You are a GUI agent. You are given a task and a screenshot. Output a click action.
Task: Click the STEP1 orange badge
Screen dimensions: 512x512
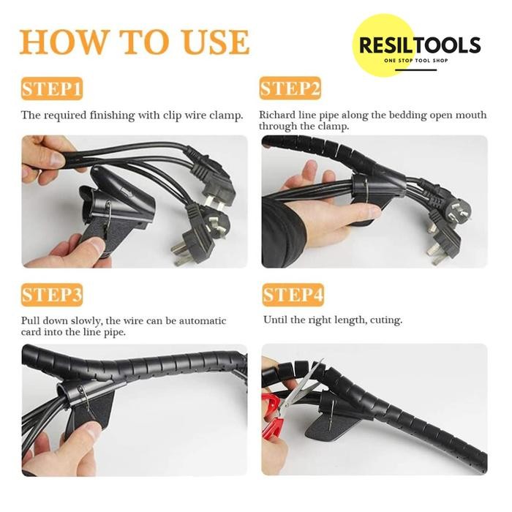coord(52,90)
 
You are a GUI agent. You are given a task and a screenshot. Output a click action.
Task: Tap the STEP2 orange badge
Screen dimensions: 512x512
coord(290,90)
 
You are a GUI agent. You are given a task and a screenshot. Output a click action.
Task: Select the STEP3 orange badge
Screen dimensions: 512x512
coord(52,295)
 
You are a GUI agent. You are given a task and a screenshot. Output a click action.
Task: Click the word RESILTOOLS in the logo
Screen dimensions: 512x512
coord(419,45)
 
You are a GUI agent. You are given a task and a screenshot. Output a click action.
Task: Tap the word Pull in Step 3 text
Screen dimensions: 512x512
coord(31,321)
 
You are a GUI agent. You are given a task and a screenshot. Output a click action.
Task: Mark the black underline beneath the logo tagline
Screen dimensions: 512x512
coord(409,70)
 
